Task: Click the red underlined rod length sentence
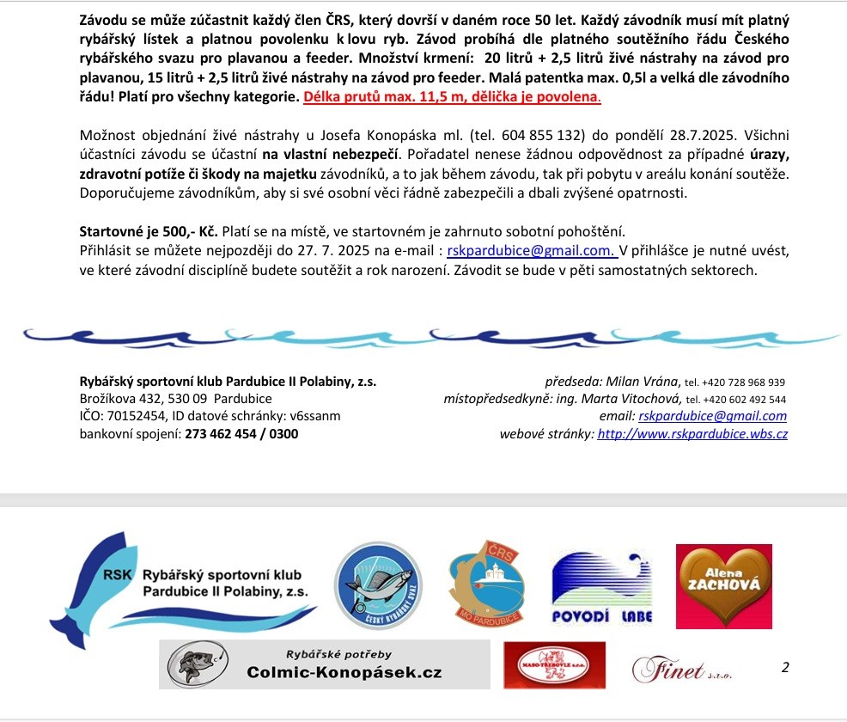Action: (452, 97)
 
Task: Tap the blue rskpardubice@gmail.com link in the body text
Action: (530, 252)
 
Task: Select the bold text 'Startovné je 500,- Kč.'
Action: (148, 233)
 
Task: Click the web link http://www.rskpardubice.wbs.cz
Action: (692, 434)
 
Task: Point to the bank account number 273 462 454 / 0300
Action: (242, 434)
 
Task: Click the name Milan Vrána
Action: (643, 382)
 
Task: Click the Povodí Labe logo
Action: (602, 587)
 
